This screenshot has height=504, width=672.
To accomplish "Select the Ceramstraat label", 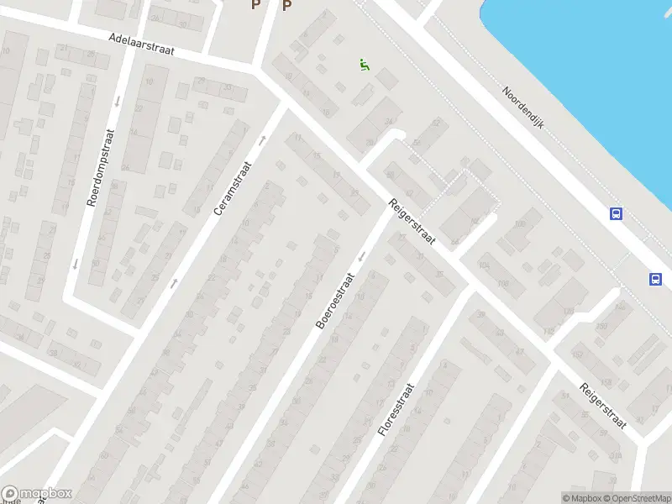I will (233, 188).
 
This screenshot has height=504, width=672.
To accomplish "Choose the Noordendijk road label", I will (523, 107).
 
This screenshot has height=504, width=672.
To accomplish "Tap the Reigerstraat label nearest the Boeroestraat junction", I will (411, 222).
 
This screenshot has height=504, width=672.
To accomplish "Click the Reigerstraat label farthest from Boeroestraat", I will (603, 405).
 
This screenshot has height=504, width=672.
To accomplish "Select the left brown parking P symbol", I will (256, 5).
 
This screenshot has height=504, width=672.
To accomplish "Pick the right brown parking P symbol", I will (286, 6).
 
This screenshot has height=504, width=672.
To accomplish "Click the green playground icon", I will (364, 65).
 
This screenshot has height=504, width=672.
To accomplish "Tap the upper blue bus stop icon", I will (616, 214).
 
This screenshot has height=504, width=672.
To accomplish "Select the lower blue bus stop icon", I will (654, 280).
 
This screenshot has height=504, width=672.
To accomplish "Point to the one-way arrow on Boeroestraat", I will (362, 255).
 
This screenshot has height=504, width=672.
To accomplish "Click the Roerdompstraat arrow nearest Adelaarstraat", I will (116, 102).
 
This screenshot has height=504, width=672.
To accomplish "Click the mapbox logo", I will (37, 494).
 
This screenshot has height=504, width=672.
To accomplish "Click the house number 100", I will (519, 223).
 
